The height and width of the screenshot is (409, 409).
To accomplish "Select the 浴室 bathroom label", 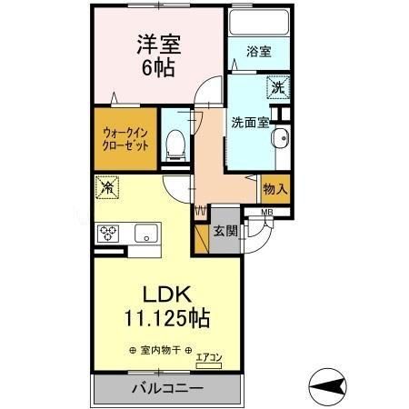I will coord(257,53).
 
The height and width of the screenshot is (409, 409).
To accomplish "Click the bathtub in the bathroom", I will coord(257,22).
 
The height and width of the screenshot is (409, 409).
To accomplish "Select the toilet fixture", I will coord(177,141).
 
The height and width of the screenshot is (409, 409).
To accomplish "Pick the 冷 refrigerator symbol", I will coord(106,188).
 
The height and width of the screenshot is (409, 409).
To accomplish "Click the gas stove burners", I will coord(109,233).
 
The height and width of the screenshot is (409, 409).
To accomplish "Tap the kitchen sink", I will coord(145,234).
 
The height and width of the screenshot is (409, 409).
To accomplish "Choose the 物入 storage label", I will coord(275,189).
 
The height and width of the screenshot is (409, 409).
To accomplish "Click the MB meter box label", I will coord(266,214).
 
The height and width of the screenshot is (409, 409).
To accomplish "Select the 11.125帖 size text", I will coord(167,319).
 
